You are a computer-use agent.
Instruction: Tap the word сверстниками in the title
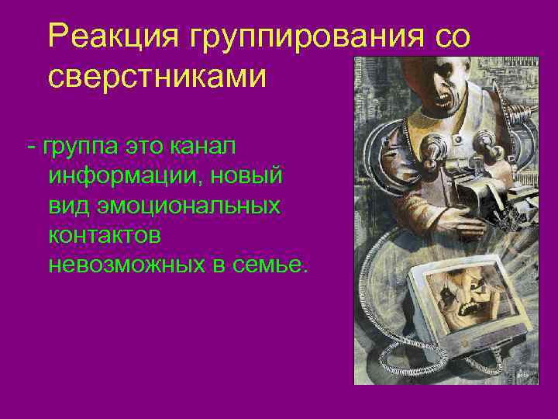157,78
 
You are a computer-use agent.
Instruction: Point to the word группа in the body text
78,146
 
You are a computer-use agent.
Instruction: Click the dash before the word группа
31,146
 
